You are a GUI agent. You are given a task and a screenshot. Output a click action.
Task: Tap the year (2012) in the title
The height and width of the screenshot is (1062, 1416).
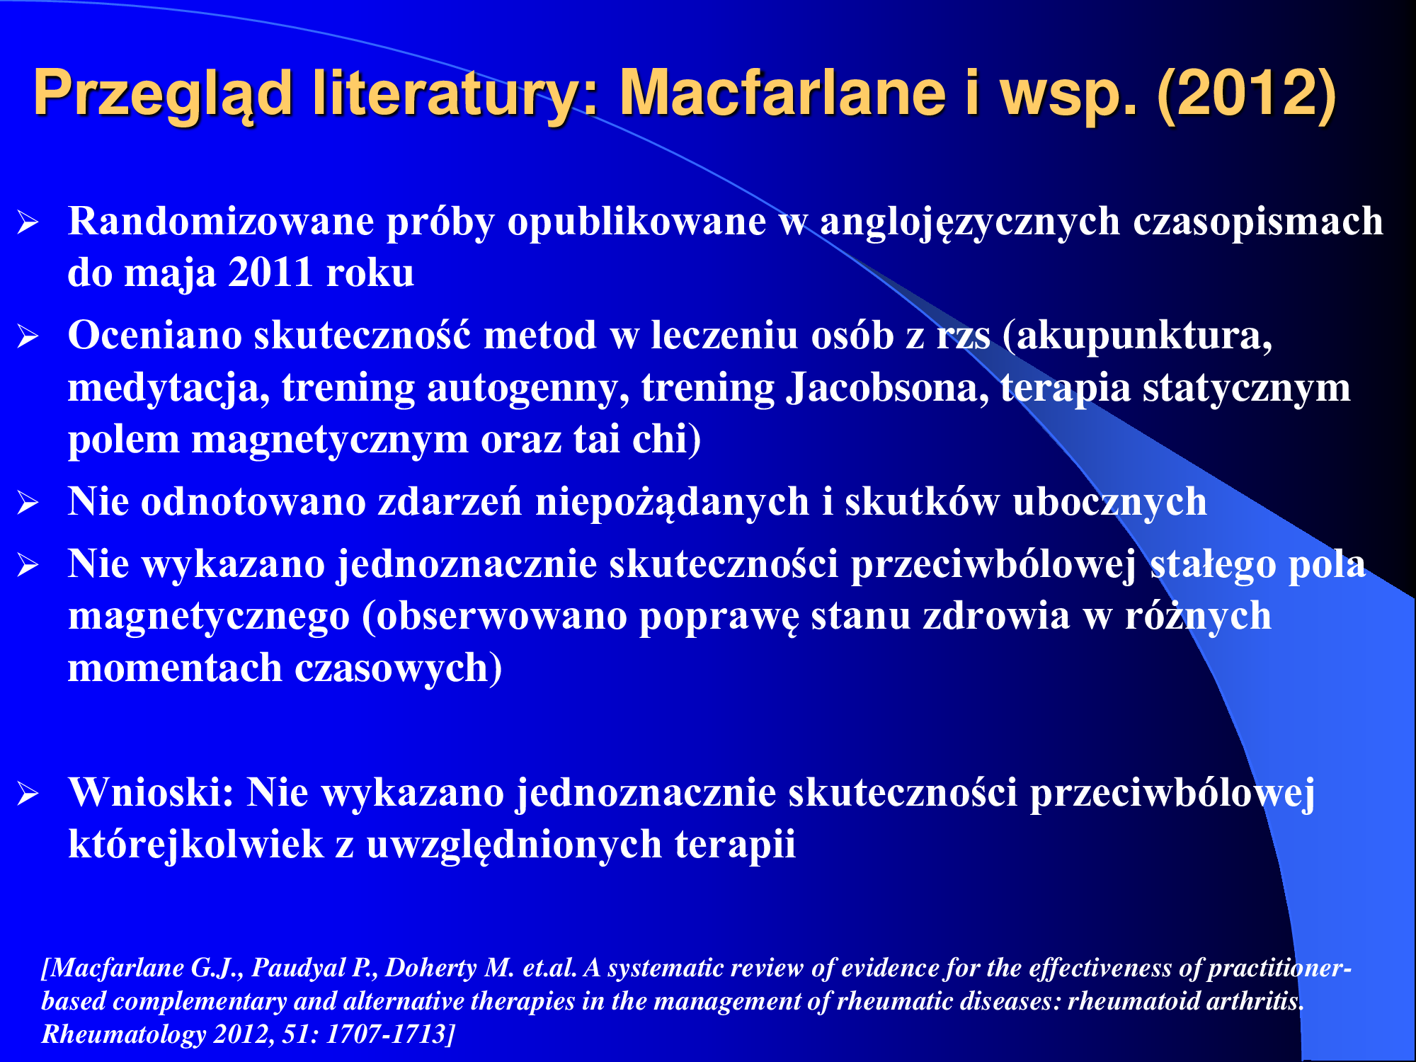[1247, 94]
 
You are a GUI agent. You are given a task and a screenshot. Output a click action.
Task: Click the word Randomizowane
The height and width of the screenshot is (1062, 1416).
[221, 221]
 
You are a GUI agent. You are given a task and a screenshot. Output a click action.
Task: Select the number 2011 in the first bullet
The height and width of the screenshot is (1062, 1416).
[270, 273]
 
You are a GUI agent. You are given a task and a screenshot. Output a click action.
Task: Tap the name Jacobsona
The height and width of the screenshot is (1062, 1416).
[888, 388]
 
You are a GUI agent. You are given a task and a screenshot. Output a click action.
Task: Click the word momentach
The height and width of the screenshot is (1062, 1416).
[175, 668]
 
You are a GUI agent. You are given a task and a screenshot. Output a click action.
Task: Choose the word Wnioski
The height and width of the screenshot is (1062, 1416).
[151, 792]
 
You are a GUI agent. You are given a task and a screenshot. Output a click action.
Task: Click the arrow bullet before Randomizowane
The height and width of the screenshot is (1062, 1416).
[28, 223]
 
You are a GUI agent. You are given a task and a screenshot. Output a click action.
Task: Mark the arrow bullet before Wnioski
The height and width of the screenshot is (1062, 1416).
[28, 794]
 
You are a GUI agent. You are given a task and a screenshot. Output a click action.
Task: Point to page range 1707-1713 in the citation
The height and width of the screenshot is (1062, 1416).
[386, 1034]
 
